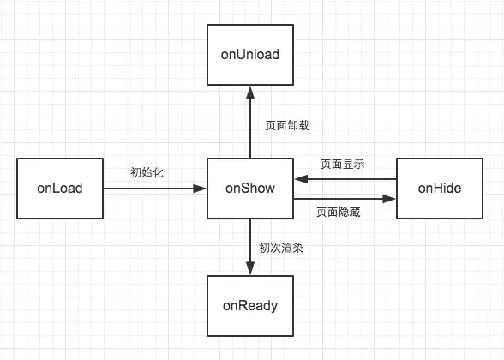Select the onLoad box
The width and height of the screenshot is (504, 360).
(59, 188)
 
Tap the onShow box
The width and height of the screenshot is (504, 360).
(249, 188)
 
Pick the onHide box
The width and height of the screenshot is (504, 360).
(439, 188)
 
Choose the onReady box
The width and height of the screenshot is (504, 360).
(249, 304)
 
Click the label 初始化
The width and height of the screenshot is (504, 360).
(147, 172)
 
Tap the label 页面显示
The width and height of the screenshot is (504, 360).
(342, 165)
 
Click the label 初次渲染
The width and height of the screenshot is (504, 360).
(282, 249)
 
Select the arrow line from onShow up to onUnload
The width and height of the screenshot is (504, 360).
(249, 124)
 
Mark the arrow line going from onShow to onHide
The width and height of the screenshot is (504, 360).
(343, 199)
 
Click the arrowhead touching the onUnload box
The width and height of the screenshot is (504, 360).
(249, 89)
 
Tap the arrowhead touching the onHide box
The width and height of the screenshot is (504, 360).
(390, 199)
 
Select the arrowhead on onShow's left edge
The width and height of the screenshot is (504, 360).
(201, 188)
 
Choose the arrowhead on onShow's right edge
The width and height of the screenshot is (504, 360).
(299, 179)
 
